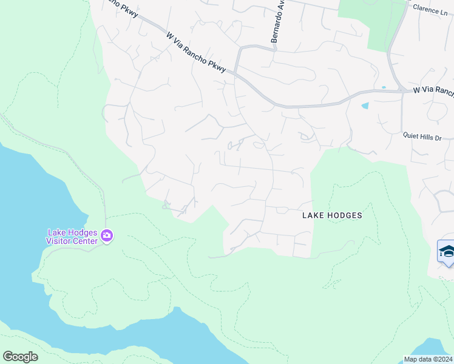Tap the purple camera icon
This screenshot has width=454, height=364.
click(107, 235)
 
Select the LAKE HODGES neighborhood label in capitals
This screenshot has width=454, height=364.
click(332, 215)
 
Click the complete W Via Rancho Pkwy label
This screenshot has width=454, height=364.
click(196, 53)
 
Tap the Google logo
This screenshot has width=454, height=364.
click(20, 357)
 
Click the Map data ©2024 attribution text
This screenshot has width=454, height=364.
click(428, 359)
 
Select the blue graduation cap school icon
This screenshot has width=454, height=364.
click(447, 252)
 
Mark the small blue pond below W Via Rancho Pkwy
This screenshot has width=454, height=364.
click(365, 106)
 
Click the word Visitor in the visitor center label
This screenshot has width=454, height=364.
click(60, 241)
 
